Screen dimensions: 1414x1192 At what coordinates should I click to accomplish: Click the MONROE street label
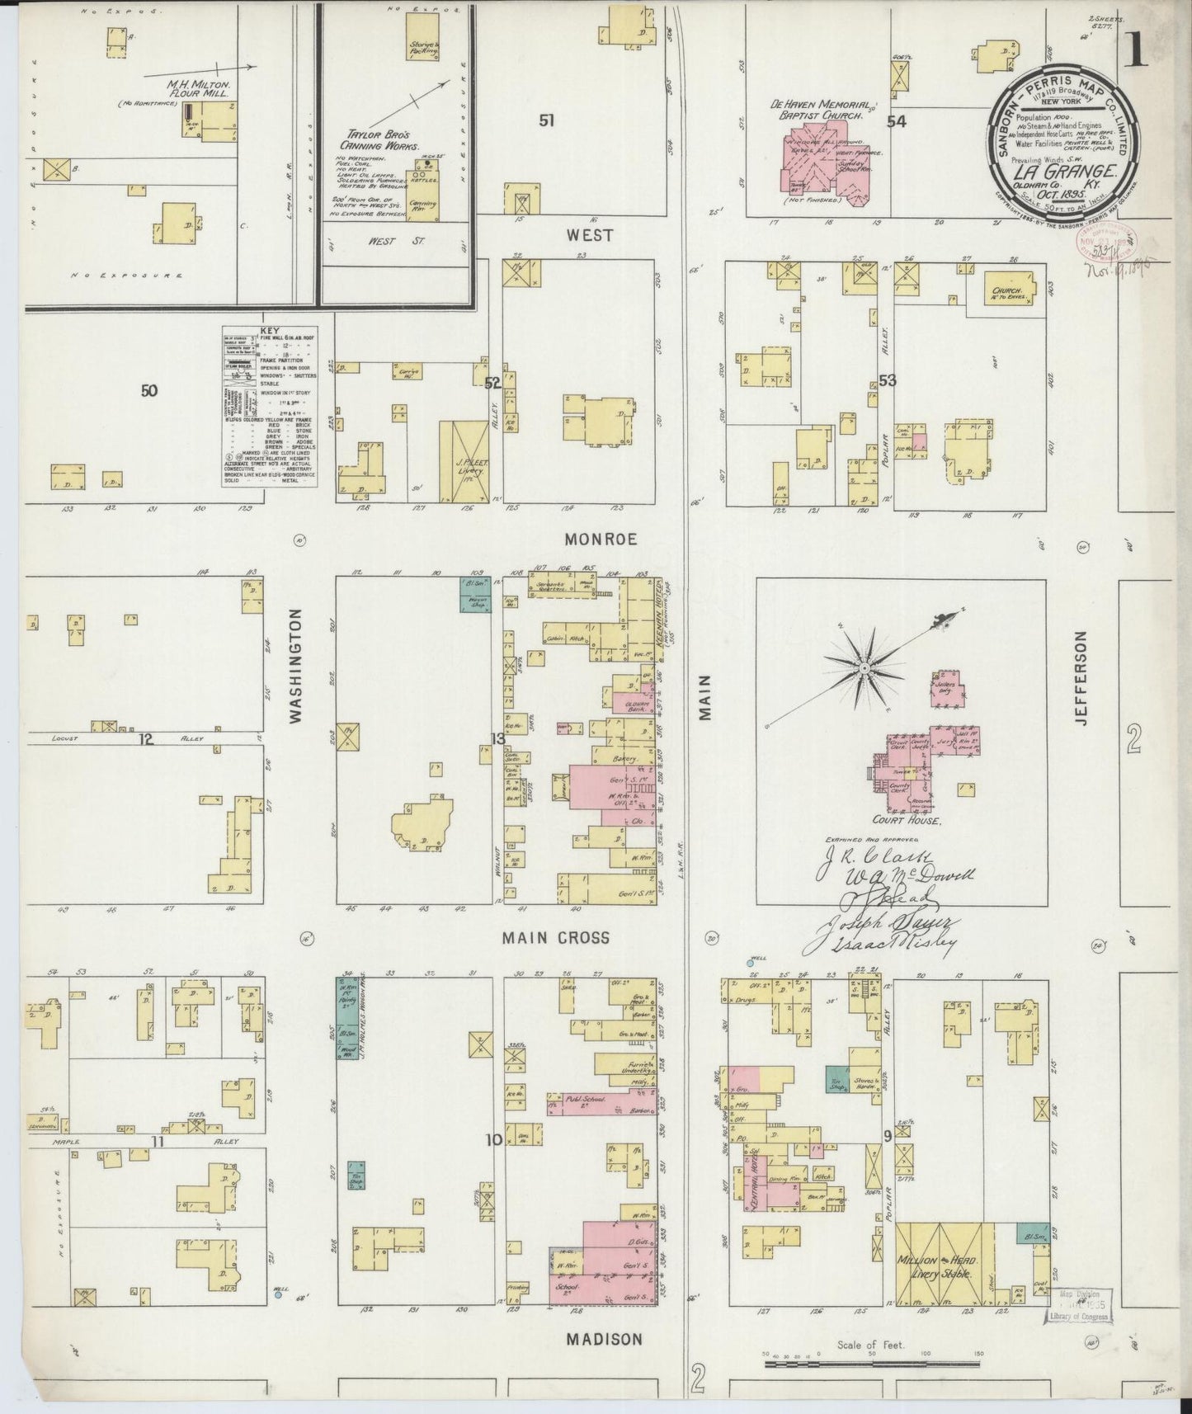(x=601, y=540)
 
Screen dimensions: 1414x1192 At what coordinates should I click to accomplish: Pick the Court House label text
(x=905, y=822)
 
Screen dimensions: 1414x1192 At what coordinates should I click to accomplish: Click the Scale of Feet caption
(x=870, y=1344)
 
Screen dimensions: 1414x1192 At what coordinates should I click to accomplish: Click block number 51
(x=546, y=121)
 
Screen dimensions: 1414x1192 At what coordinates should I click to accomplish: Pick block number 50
(x=148, y=390)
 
